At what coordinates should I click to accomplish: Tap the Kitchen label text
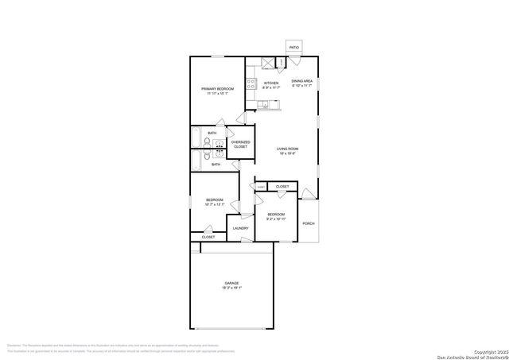[271, 83]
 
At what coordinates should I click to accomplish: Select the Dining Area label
[301, 81]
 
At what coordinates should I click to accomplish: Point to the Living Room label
[287, 149]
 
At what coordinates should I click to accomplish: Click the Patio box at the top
[294, 48]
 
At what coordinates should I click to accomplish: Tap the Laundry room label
[240, 229]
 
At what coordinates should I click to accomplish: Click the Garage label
[231, 283]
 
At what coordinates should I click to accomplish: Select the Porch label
[309, 223]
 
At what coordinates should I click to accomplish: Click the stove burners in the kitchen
[250, 83]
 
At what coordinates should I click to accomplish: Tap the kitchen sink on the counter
[262, 104]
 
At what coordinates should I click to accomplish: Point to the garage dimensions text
[231, 288]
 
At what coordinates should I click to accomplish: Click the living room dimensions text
[287, 154]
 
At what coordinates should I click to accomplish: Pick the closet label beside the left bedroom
[208, 237]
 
